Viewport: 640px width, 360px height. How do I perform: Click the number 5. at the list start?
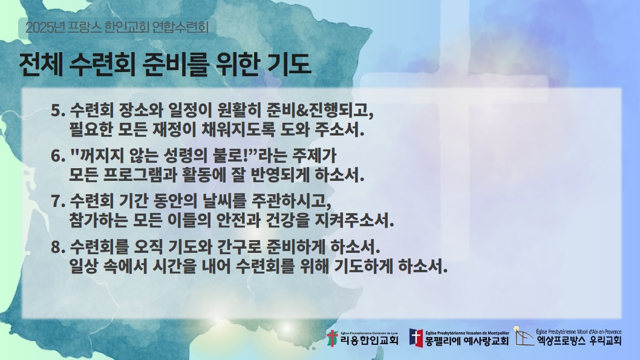click(x=58, y=111)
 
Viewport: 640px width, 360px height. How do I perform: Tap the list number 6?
click(x=58, y=156)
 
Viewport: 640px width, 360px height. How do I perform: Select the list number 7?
click(x=58, y=201)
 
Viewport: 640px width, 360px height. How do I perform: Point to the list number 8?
click(x=58, y=247)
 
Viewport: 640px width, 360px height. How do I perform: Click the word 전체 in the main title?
click(x=41, y=65)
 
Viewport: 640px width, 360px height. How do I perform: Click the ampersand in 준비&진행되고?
click(x=302, y=110)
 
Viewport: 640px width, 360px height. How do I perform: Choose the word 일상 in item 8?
click(x=83, y=266)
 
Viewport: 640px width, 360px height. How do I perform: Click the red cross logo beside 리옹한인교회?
click(x=333, y=338)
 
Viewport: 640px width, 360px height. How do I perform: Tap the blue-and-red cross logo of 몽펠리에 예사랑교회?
click(x=416, y=338)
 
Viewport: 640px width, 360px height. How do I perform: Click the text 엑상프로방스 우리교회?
click(x=579, y=341)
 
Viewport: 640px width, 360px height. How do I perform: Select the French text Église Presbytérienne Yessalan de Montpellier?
click(x=467, y=333)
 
